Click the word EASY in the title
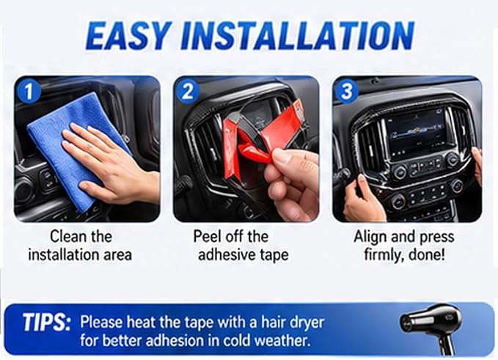click(x=127, y=35)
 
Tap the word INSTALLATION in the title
click(x=298, y=35)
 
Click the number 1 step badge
click(x=29, y=92)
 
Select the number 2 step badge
click(x=188, y=92)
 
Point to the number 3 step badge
click(x=347, y=92)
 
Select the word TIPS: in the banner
click(x=46, y=323)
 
